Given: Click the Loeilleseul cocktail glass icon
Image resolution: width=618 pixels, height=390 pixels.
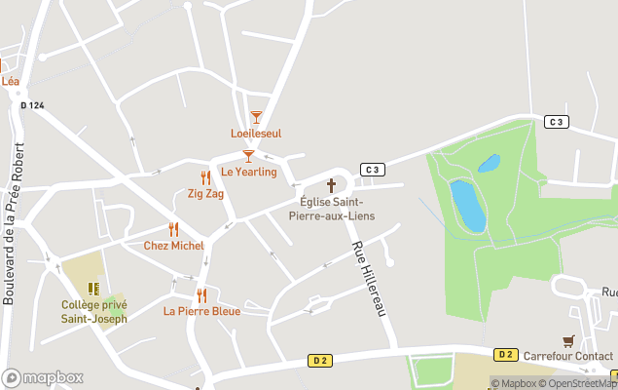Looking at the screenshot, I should tap(256, 117).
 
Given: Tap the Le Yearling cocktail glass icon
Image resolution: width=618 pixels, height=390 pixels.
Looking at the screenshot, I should tap(248, 155).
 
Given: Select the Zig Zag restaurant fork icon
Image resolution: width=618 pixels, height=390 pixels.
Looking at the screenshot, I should tap(205, 177).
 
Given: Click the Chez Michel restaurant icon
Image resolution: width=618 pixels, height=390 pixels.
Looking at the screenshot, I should tap(173, 229).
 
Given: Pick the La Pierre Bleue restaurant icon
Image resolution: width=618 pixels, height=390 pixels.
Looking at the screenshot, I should tap(201, 295).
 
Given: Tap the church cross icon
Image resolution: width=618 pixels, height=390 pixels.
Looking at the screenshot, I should tap(331, 185).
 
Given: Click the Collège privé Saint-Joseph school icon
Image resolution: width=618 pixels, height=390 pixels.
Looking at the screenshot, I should tap(93, 289).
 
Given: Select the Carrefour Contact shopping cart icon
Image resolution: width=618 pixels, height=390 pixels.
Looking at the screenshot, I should tap(568, 340).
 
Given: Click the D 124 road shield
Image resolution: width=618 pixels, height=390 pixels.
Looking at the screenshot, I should tap(32, 105).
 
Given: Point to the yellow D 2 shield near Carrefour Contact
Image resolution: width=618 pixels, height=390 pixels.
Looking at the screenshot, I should tap(504, 354).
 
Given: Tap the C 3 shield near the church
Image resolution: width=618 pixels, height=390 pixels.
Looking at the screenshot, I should tap(373, 169).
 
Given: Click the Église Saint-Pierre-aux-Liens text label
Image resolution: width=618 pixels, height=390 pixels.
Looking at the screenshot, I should tap(337, 209).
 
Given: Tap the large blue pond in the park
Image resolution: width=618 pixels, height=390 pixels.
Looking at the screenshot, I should tap(468, 206).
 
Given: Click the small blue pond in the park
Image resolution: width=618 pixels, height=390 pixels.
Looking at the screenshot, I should tap(489, 163).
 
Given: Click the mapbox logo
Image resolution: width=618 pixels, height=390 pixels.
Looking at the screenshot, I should tap(43, 377).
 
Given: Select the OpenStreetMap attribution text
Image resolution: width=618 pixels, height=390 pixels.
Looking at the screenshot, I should tap(579, 383).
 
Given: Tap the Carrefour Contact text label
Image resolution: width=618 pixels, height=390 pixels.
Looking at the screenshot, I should tap(567, 357).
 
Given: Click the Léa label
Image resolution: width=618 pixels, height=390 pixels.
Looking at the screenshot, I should tap(10, 82).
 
